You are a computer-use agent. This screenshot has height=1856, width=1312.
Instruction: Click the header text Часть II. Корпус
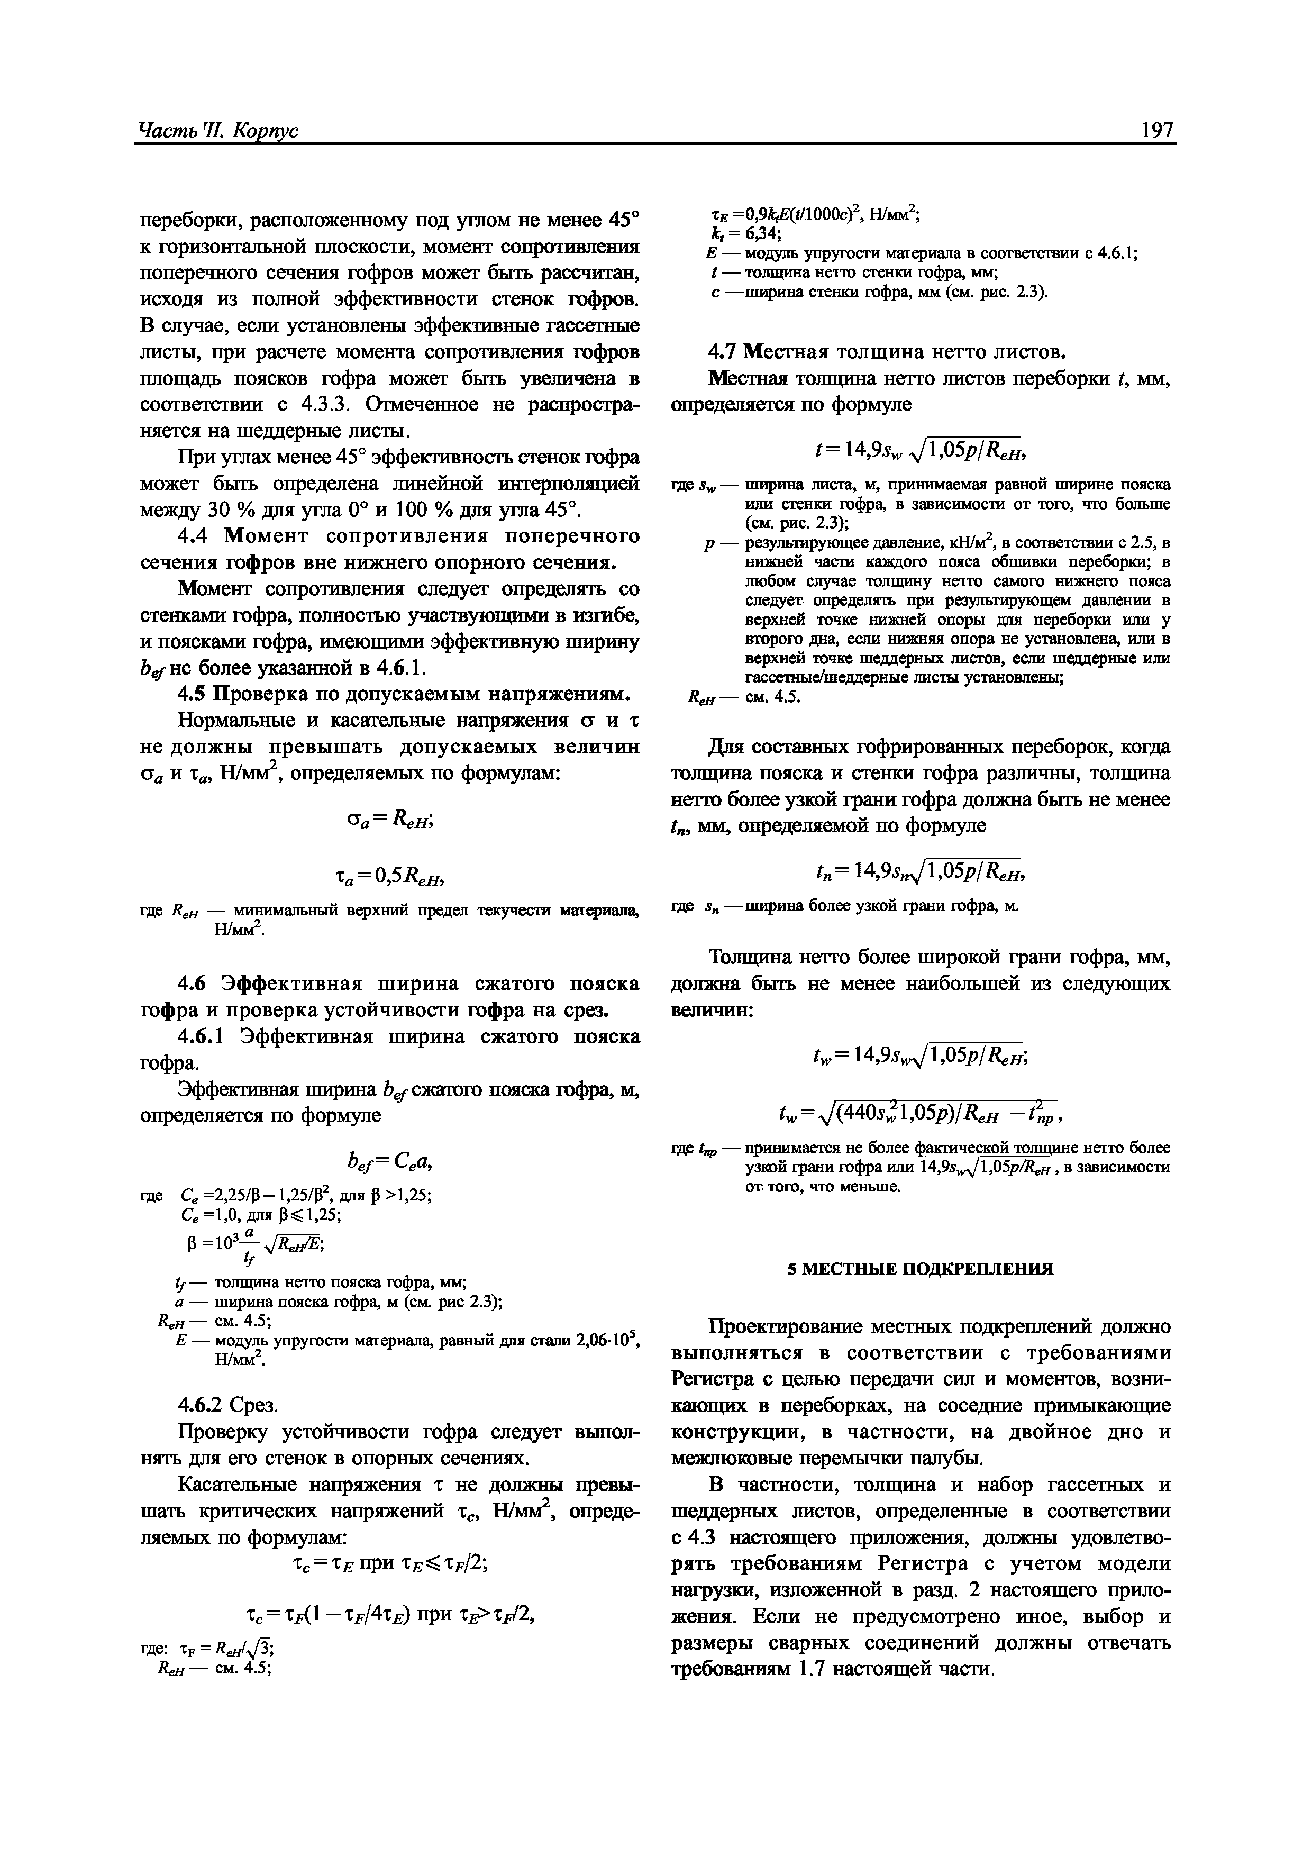pyautogui.click(x=218, y=130)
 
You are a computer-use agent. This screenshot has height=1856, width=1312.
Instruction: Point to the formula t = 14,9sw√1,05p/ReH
pyautogui.click(x=921, y=445)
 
